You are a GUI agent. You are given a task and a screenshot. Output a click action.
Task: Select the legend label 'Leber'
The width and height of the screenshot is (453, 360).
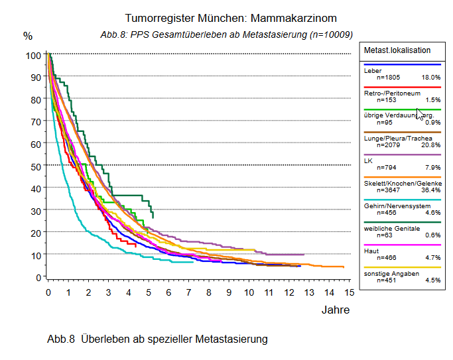(x=372, y=70)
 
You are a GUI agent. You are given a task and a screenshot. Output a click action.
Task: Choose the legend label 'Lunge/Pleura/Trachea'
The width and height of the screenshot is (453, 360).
(x=396, y=138)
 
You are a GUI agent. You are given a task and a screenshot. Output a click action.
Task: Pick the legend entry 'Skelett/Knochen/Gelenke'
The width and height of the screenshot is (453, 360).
(x=403, y=182)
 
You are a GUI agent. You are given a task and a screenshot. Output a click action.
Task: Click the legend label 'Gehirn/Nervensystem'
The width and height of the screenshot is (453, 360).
(x=396, y=206)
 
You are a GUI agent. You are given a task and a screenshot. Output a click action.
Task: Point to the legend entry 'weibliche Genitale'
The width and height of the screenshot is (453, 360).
(x=392, y=228)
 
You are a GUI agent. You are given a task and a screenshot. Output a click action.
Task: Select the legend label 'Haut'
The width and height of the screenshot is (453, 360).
(x=371, y=250)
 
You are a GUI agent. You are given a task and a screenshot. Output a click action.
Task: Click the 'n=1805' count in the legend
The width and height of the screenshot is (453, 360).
(x=389, y=78)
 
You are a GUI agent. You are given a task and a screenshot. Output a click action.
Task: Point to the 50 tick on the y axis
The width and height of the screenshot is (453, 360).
(x=36, y=165)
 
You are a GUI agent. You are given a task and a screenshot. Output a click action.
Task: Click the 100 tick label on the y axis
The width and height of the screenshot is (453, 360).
(x=33, y=55)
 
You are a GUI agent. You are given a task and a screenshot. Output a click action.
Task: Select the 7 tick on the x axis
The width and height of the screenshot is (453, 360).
(x=188, y=292)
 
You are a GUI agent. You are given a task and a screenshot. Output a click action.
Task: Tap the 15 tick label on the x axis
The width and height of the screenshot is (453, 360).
(x=349, y=292)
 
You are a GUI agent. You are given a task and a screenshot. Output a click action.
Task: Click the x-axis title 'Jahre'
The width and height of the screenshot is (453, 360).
(x=335, y=310)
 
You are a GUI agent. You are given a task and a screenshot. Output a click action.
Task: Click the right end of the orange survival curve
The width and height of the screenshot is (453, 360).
(x=343, y=267)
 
